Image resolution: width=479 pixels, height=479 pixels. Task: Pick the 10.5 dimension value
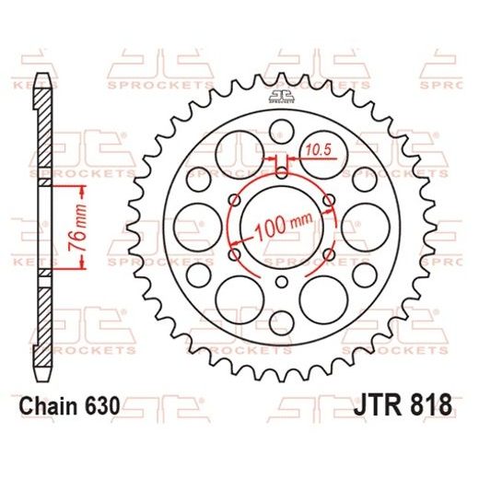tap(317, 148)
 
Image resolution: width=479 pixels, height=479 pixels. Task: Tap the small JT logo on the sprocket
tap(283, 99)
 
